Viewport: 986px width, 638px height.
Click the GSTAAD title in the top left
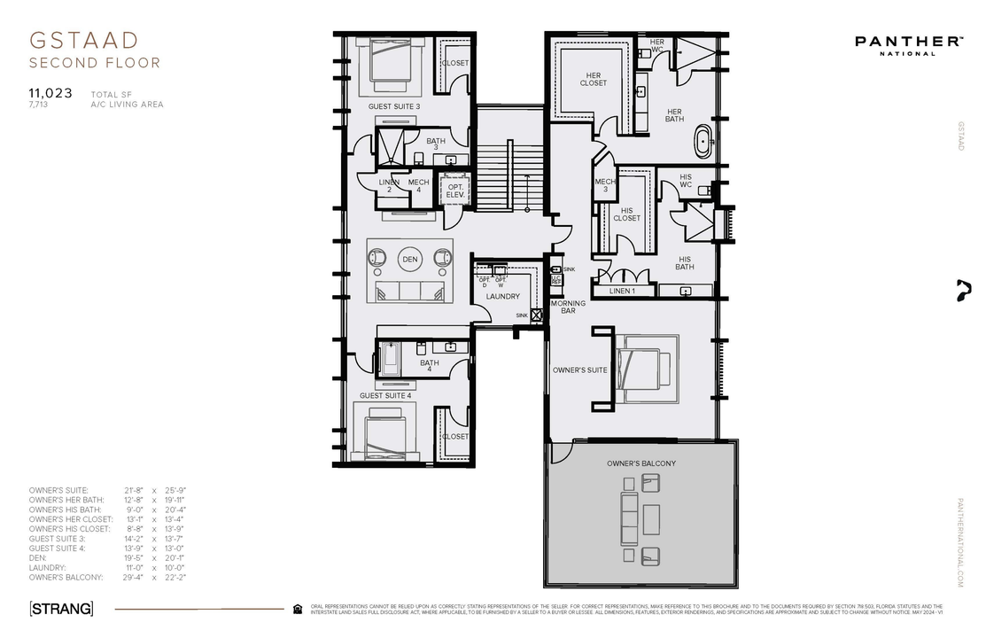point(84,41)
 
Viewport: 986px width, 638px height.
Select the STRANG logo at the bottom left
point(61,609)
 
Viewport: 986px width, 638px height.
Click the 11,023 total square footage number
point(50,92)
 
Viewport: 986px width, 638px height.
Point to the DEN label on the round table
point(409,260)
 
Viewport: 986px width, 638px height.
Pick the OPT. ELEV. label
point(455,191)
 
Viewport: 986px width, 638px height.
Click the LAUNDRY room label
point(502,296)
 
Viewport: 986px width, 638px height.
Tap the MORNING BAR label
point(568,307)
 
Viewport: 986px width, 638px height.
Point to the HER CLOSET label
point(594,79)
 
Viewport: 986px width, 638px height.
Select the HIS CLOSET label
point(626,214)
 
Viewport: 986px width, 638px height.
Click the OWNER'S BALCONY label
point(641,463)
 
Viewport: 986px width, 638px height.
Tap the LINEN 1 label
point(622,291)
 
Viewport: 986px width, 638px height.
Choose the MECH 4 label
point(418,186)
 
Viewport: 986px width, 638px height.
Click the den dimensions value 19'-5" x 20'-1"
point(155,558)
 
